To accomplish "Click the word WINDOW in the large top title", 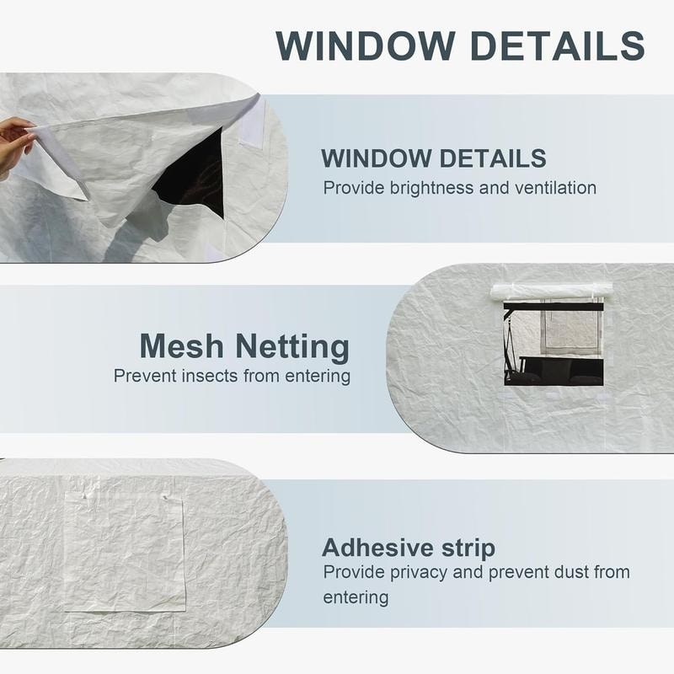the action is (365, 45).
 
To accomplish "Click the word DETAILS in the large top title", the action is (558, 45).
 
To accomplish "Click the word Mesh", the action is (182, 346).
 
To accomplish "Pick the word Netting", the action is (292, 347).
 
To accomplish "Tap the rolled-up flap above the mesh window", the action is (551, 291).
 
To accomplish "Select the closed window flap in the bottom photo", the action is (125, 553).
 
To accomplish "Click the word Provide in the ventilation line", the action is (353, 188).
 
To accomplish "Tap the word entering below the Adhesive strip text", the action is (356, 598).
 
